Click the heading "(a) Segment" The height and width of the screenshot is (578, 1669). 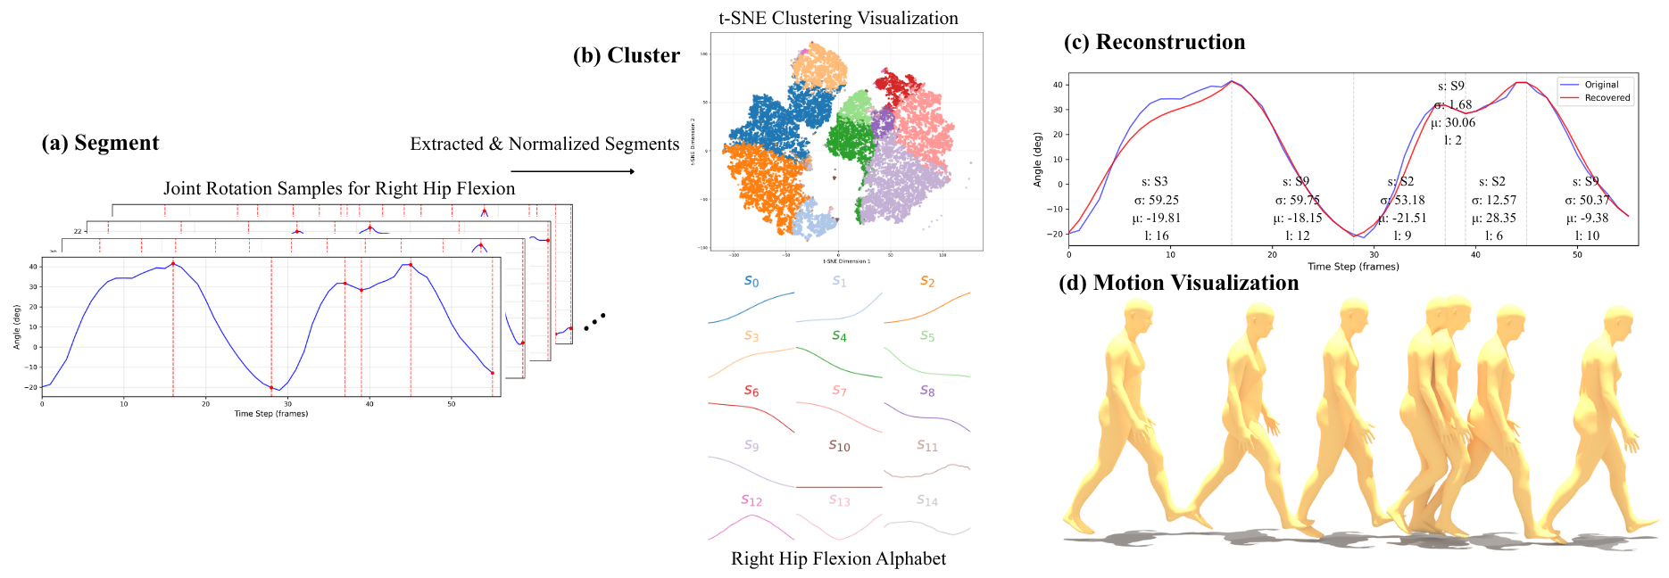[100, 144]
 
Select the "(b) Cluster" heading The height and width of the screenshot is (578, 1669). [626, 56]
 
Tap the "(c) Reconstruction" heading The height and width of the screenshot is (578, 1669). [1154, 43]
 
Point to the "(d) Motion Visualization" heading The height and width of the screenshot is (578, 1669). [1178, 284]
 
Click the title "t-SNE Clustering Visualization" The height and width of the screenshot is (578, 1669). [838, 19]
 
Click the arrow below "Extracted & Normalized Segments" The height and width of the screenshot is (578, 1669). [572, 171]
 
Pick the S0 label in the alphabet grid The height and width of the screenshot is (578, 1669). [751, 282]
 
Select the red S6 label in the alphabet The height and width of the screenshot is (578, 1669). [751, 392]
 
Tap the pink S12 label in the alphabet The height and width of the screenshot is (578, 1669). [751, 501]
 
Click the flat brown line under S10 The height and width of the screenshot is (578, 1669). [839, 487]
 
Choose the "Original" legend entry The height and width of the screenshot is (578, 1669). [1601, 85]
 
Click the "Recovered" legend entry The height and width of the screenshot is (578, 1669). [1607, 98]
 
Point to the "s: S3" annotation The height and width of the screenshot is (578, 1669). [1155, 182]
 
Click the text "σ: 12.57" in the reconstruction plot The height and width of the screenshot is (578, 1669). [1494, 200]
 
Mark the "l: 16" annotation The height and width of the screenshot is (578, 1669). [1156, 235]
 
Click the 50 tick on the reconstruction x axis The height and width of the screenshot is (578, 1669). [1577, 254]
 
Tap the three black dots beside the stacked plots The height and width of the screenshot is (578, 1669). [594, 322]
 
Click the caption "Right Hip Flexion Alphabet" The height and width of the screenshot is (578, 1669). [838, 559]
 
